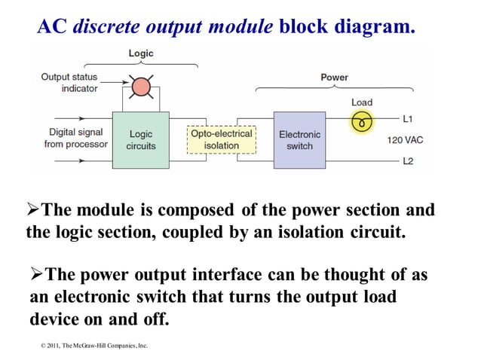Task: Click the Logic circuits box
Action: click(x=141, y=140)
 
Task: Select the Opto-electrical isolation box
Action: click(x=221, y=140)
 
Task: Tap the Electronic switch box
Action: click(x=299, y=140)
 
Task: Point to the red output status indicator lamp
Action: click(x=141, y=87)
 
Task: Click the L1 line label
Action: click(x=408, y=119)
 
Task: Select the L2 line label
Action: click(x=408, y=160)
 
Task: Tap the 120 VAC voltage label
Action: click(x=405, y=140)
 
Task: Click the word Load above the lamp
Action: click(x=362, y=102)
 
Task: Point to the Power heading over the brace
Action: click(x=334, y=77)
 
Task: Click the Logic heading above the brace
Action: click(x=141, y=53)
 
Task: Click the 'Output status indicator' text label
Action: click(x=69, y=82)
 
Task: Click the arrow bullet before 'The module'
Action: click(x=33, y=210)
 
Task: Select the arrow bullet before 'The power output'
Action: click(x=38, y=276)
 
